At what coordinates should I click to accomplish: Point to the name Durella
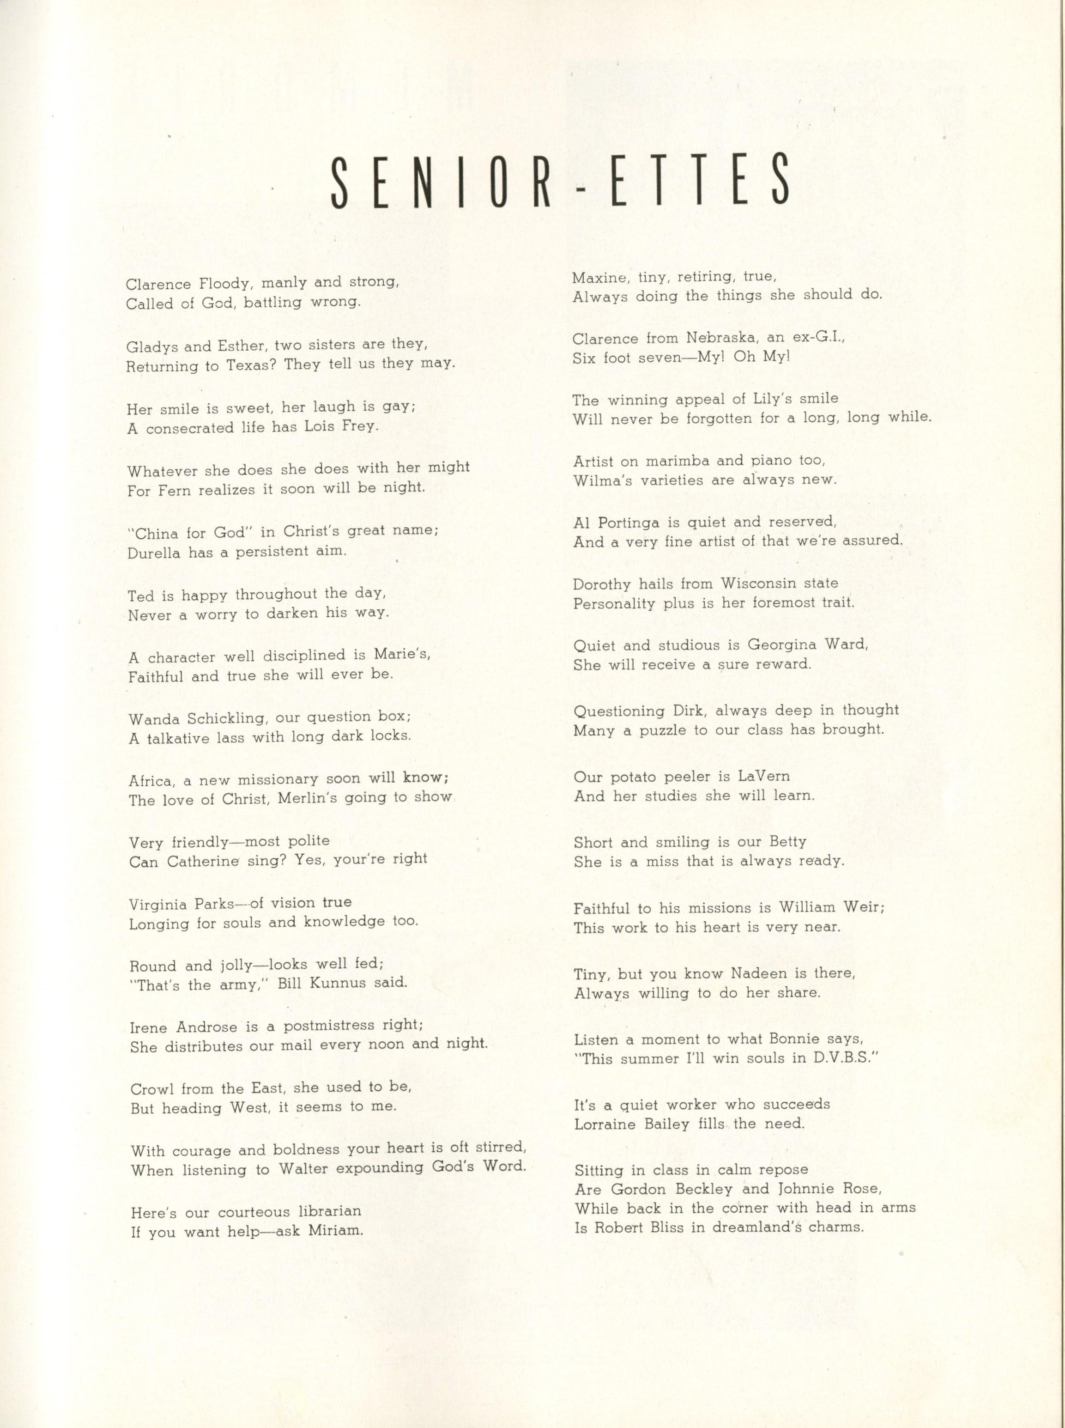pos(153,553)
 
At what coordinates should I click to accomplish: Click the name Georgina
pos(788,644)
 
